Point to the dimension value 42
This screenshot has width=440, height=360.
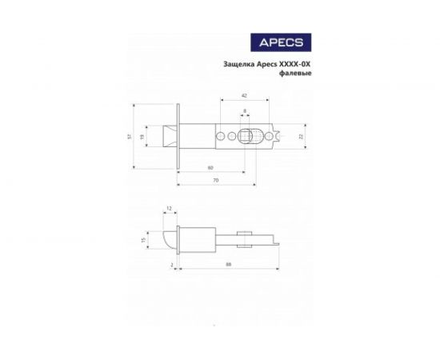(x=243, y=97)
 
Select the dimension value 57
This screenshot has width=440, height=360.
(x=129, y=136)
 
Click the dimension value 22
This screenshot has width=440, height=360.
(x=301, y=137)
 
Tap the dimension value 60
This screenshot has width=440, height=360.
(x=210, y=168)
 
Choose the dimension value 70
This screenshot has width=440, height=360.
(x=216, y=182)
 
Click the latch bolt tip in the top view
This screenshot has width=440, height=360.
(x=168, y=137)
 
